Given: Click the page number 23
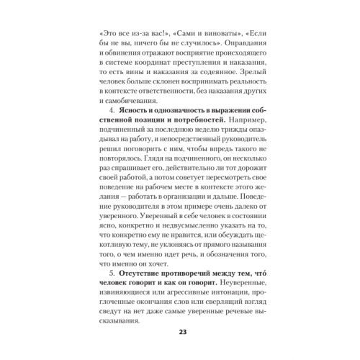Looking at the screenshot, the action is pyautogui.click(x=179, y=331).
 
